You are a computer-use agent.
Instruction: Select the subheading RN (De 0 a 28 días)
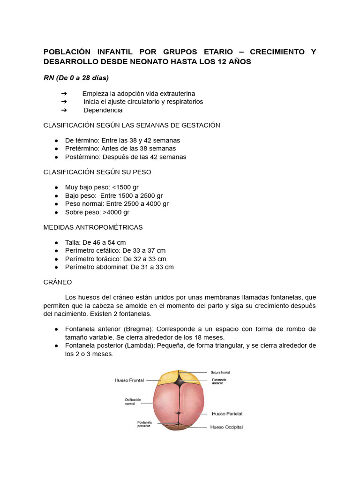pyautogui.click(x=76, y=77)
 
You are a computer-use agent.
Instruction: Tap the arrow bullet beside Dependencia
pyautogui.click(x=64, y=110)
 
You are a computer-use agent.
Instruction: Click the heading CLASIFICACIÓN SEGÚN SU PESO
pyautogui.click(x=97, y=172)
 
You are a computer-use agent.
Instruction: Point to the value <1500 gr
pyautogui.click(x=126, y=187)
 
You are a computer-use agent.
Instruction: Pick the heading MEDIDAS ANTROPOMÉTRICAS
pyautogui.click(x=93, y=227)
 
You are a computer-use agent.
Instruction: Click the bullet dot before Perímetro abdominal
pyautogui.click(x=56, y=267)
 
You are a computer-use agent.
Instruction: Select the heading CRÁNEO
pyautogui.click(x=57, y=282)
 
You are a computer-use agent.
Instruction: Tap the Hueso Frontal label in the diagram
pyautogui.click(x=129, y=380)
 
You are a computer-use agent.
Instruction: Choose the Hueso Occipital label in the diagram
pyautogui.click(x=226, y=427)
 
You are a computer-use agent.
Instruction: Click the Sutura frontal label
pyautogui.click(x=221, y=372)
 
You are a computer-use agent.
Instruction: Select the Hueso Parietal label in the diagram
pyautogui.click(x=227, y=414)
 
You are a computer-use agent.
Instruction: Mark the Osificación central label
pyautogui.click(x=133, y=402)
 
